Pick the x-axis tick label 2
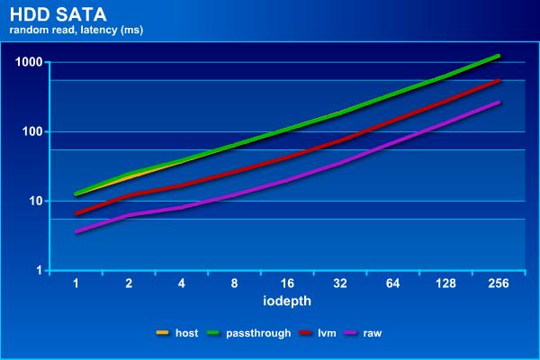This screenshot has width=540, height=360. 129,283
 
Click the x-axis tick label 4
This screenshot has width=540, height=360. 182,283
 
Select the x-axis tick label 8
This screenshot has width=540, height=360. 235,283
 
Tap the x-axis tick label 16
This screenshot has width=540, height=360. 287,283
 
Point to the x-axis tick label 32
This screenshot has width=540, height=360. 340,283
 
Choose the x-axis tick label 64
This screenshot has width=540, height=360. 393,283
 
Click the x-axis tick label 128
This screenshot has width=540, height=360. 445,283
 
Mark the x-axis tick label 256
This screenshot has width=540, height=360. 499,283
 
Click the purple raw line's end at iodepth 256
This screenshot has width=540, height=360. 499,103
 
